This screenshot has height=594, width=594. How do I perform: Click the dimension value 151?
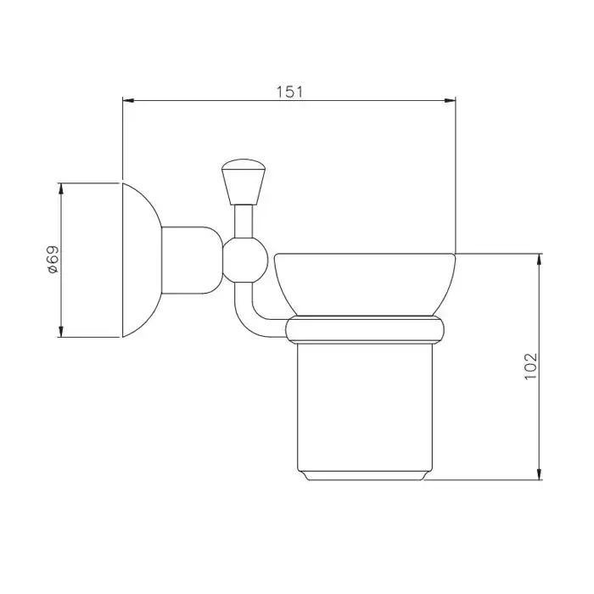point(289,92)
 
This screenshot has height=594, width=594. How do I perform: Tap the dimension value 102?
point(530,367)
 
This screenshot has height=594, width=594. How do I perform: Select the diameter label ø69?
point(53,260)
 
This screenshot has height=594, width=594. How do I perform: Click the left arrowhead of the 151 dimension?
point(128,100)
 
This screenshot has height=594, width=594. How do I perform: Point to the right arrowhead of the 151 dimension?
point(450,100)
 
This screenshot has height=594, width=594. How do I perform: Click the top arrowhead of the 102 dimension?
point(540,260)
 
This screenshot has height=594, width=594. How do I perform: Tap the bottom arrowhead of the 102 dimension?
point(540,474)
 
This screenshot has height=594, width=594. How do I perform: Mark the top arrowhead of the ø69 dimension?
point(60,189)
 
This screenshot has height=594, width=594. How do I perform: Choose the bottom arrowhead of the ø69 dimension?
point(60,331)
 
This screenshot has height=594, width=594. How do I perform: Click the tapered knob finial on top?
point(244,182)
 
